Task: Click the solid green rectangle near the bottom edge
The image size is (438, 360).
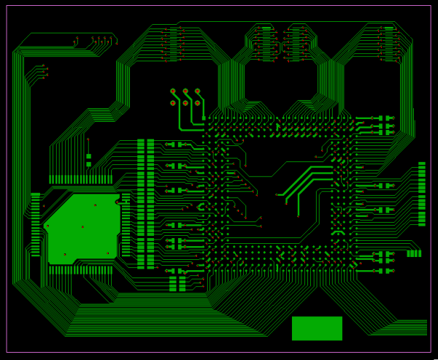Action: (x=317, y=328)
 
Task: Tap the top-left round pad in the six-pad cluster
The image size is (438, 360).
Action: (x=173, y=91)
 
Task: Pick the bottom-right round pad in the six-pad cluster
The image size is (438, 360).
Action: (x=198, y=103)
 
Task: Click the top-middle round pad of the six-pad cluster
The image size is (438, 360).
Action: (x=185, y=91)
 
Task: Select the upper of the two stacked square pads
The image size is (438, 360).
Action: (x=88, y=156)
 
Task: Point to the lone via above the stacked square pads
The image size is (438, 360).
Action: (x=88, y=139)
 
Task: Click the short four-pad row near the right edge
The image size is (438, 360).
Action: (x=414, y=253)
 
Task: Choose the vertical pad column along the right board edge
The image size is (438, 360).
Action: (x=421, y=194)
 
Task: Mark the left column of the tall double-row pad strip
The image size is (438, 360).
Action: (x=141, y=204)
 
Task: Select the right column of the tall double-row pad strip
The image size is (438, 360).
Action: (x=150, y=204)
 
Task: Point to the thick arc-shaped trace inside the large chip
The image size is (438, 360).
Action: (x=338, y=233)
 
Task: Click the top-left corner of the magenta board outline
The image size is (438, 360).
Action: (x=7, y=6)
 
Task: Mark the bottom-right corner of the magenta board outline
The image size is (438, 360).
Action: (x=431, y=353)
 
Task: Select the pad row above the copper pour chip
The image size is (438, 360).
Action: (x=80, y=179)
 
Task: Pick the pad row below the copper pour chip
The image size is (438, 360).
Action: (x=80, y=269)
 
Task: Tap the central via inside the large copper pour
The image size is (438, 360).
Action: (x=82, y=227)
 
